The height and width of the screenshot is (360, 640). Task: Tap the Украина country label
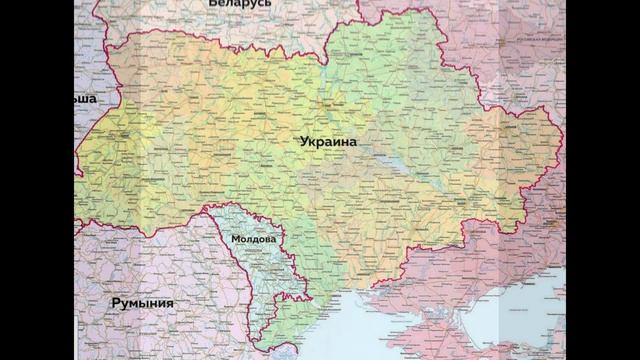pyautogui.click(x=331, y=143)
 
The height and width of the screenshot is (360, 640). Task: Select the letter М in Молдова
pyautogui.click(x=234, y=240)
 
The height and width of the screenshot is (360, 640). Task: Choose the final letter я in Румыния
pyautogui.click(x=170, y=302)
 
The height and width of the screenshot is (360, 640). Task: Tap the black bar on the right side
pyautogui.click(x=600, y=180)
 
